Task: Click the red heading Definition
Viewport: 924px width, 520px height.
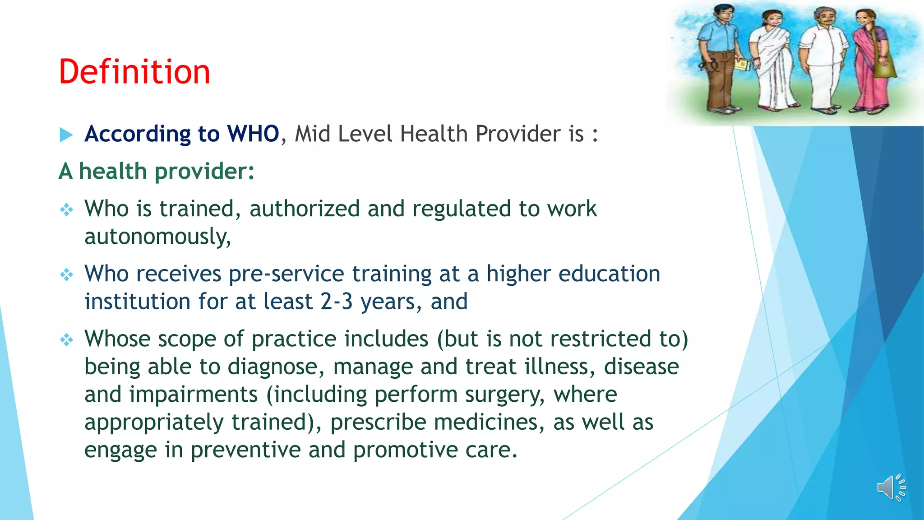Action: click(x=134, y=72)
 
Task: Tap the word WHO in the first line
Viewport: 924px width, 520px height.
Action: click(x=253, y=134)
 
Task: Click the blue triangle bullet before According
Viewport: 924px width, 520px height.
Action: click(x=66, y=135)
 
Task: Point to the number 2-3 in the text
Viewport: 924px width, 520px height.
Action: click(x=337, y=302)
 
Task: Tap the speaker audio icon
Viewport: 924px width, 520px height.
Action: click(x=891, y=487)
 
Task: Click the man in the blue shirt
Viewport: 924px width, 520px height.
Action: click(x=720, y=59)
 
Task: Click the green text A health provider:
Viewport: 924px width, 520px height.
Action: click(x=157, y=172)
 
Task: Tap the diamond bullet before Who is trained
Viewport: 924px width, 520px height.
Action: click(x=67, y=209)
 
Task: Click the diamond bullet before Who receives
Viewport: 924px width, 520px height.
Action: click(x=67, y=274)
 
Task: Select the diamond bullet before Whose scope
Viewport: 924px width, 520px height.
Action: click(x=67, y=339)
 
